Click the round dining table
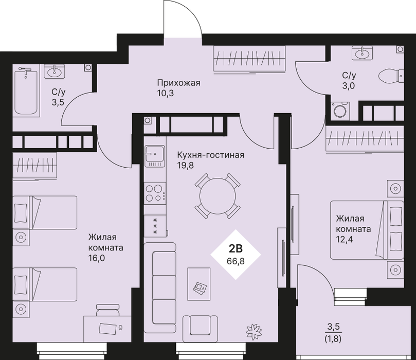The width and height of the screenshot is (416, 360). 218,196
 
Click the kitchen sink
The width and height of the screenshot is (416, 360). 155,156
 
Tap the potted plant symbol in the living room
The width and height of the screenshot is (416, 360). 254,332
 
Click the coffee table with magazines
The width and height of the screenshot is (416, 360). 199,284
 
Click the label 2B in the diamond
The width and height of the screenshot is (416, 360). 236,248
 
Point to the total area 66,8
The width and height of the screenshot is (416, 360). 236,261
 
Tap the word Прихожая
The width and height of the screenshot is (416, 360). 178,83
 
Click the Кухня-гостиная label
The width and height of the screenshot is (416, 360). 210,155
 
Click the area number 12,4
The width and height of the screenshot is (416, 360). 345,239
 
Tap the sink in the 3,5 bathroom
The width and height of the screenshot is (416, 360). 55,71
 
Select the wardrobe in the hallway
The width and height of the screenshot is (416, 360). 250,59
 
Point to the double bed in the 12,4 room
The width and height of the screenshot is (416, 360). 367,230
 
